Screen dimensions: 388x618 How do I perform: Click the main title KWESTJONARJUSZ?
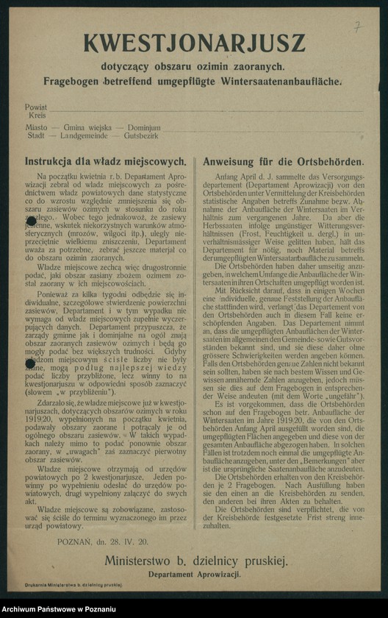click(194, 43)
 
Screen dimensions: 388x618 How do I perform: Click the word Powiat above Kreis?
click(35, 107)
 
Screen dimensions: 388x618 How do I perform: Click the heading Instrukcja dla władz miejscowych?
click(105, 161)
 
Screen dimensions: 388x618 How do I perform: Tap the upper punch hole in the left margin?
click(31, 219)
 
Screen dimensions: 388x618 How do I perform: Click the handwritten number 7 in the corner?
click(357, 26)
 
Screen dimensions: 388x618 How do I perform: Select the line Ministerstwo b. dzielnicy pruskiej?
click(195, 561)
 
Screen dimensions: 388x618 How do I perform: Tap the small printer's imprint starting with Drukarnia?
click(73, 583)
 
